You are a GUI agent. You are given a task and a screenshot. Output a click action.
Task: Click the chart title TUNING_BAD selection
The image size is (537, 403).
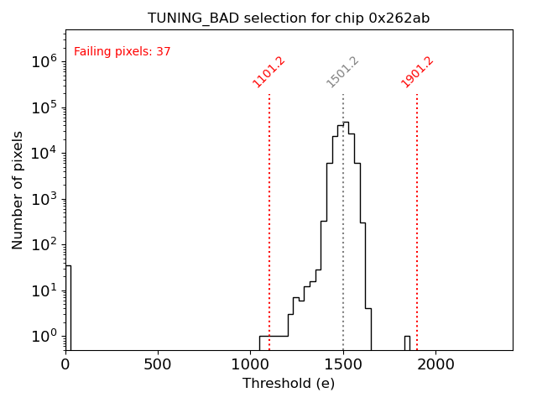click(x=289, y=18)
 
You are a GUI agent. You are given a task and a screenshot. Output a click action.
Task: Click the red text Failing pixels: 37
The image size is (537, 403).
click(x=123, y=52)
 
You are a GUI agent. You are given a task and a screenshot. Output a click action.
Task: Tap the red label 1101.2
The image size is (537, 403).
click(x=269, y=72)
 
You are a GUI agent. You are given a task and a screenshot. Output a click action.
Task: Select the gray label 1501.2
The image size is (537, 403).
click(x=343, y=72)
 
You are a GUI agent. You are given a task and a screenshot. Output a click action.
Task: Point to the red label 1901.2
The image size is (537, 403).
click(x=417, y=72)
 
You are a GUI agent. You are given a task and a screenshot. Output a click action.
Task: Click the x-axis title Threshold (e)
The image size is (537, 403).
click(x=289, y=384)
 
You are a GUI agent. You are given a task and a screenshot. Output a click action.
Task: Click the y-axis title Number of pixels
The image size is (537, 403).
click(x=18, y=190)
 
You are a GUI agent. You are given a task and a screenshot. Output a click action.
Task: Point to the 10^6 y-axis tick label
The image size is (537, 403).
click(x=44, y=61)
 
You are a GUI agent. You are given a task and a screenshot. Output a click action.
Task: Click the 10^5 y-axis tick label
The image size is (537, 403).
click(x=44, y=107)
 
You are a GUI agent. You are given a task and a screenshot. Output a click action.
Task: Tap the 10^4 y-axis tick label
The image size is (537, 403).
click(x=44, y=153)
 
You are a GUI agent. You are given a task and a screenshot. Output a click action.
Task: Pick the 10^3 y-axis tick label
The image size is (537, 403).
click(x=44, y=199)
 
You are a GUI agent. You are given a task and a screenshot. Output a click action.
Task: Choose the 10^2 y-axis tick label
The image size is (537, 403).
click(x=44, y=244)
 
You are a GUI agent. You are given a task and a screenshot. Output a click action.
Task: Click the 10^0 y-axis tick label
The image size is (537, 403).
click(x=44, y=336)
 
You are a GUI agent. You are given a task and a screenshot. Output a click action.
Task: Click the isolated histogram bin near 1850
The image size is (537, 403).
click(x=407, y=343)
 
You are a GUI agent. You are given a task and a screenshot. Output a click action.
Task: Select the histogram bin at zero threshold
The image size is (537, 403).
click(x=68, y=307)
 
